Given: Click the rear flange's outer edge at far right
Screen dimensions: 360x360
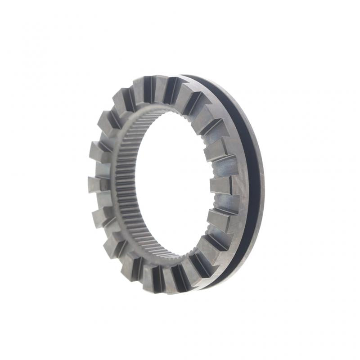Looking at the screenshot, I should pos(263,180).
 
